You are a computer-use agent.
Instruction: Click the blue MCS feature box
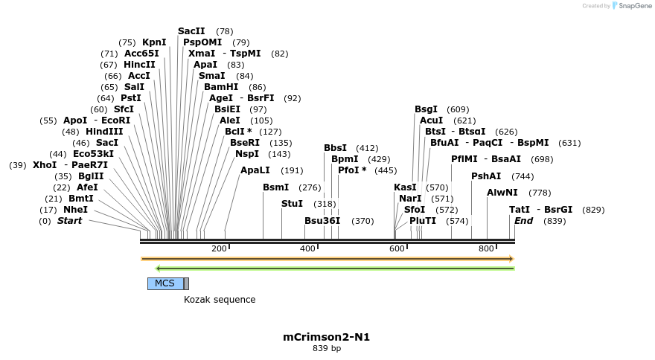(165, 283)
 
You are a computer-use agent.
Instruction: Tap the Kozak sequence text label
(220, 300)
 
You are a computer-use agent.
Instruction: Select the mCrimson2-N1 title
(326, 337)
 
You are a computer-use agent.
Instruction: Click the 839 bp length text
(326, 348)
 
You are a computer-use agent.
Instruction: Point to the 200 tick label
(219, 248)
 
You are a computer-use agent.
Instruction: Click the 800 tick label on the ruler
(487, 248)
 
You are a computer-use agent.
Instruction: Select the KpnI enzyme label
(154, 42)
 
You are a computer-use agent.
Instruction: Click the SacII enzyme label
(191, 31)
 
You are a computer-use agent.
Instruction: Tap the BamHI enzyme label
(221, 87)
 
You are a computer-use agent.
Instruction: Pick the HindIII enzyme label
(104, 132)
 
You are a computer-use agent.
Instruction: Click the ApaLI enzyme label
(255, 170)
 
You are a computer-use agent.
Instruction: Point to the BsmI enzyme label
(275, 187)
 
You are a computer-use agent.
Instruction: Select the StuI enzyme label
(292, 204)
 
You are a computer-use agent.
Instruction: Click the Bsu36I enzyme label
(322, 221)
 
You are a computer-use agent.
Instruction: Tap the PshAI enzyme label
(486, 176)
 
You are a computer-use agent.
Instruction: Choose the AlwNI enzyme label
(502, 193)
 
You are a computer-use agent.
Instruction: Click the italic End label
(523, 221)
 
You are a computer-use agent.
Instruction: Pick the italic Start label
(69, 221)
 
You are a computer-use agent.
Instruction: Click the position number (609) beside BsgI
(458, 109)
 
